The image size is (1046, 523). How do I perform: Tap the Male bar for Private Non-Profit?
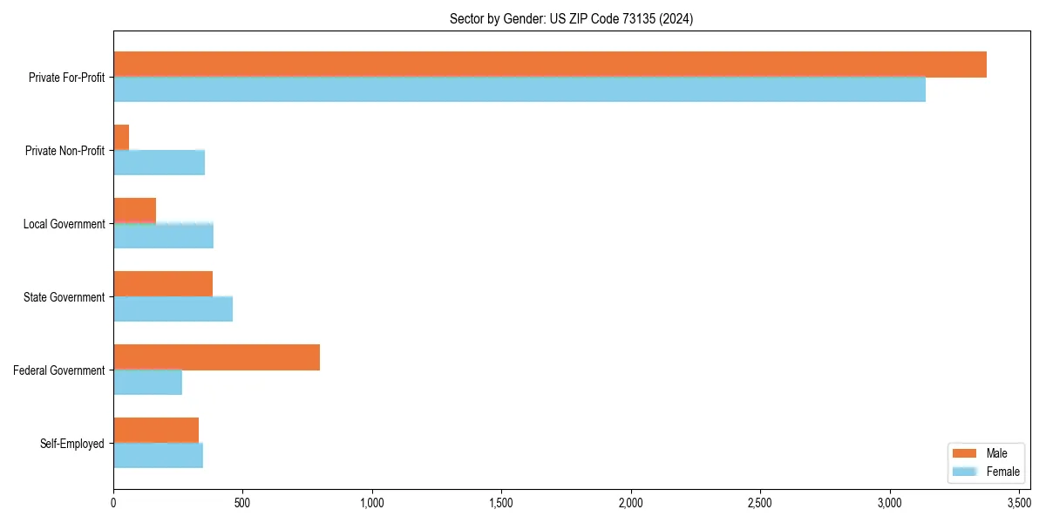(121, 138)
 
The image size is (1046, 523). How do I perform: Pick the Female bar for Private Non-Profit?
(159, 162)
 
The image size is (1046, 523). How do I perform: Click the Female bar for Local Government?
(163, 235)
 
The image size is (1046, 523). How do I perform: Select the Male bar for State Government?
(163, 284)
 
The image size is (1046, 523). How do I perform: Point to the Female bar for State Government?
(173, 309)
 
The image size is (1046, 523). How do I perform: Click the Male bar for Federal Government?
(216, 357)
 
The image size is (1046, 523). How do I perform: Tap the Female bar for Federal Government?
(147, 382)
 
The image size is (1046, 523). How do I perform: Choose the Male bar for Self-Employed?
(156, 431)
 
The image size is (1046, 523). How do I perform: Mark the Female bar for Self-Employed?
(158, 455)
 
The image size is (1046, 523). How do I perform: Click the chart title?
(571, 18)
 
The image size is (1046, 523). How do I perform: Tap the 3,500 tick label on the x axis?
(1019, 503)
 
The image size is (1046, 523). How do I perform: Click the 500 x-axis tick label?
(242, 503)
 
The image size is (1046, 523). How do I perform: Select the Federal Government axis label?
(59, 370)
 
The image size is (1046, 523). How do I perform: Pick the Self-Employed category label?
(72, 444)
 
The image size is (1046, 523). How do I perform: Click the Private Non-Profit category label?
(65, 151)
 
